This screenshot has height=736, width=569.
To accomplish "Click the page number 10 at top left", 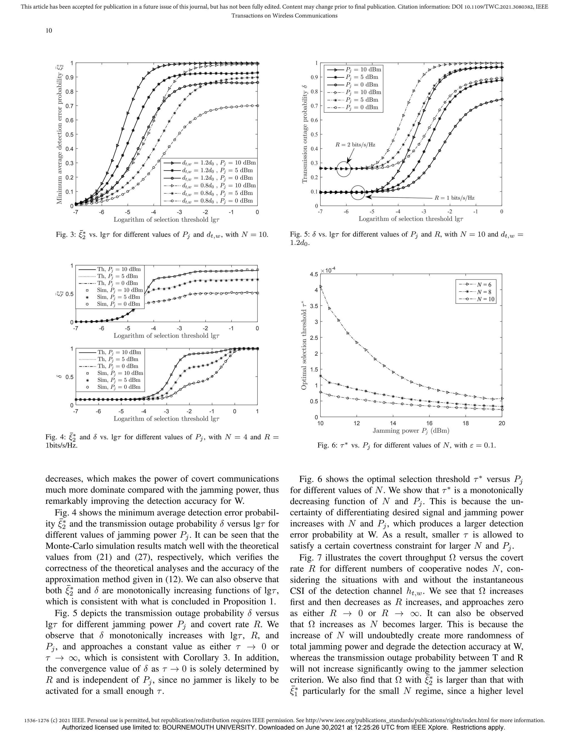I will [x=49, y=31].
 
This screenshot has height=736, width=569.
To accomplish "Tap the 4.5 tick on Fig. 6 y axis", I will [x=313, y=274].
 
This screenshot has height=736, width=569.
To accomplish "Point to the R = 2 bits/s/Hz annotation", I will [x=355, y=145].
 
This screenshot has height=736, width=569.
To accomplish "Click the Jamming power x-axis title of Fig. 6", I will [x=411, y=431].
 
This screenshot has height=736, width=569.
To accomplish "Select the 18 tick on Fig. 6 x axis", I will [x=466, y=423].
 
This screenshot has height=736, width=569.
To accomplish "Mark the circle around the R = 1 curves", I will [x=358, y=192].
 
